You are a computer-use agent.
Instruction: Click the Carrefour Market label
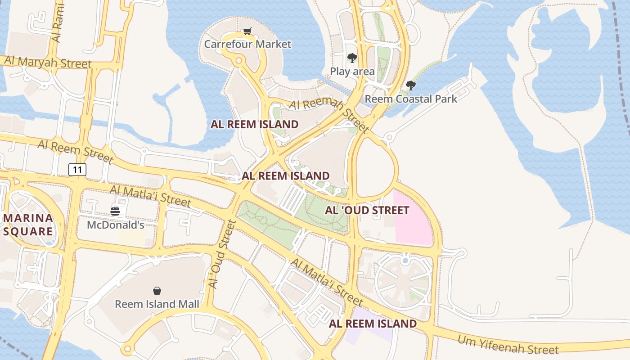click(247, 44)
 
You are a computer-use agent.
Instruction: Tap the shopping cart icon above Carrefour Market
click(247, 31)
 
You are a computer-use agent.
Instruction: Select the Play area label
click(352, 71)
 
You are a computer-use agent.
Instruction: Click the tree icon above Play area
click(352, 58)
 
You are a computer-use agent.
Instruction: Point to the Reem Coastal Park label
click(410, 99)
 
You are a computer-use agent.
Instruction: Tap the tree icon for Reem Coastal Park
click(410, 85)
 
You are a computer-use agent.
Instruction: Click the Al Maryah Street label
click(48, 62)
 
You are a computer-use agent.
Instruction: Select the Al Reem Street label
click(75, 152)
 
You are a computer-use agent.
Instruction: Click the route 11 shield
click(77, 170)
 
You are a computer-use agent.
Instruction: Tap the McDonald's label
click(115, 225)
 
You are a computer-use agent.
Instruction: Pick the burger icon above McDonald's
click(115, 211)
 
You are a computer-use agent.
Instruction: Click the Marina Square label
click(28, 225)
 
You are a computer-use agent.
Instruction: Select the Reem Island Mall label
click(157, 304)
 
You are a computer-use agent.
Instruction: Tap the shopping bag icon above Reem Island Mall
click(157, 291)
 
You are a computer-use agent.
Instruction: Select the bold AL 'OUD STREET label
click(367, 210)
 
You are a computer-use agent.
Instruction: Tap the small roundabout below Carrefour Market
click(238, 60)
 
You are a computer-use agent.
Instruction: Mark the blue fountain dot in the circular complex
click(405, 260)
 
